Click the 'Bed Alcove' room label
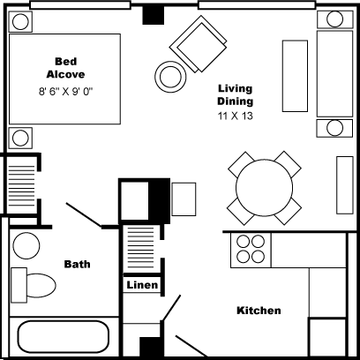(x=64, y=68)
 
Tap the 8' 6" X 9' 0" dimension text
(x=65, y=91)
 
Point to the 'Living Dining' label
(x=236, y=95)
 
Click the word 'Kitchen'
(x=259, y=311)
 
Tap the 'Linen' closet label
(x=142, y=285)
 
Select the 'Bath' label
(x=78, y=264)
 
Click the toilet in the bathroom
(x=34, y=285)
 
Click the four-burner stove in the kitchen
(x=249, y=250)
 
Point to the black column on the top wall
(x=154, y=15)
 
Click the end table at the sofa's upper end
(x=334, y=19)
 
